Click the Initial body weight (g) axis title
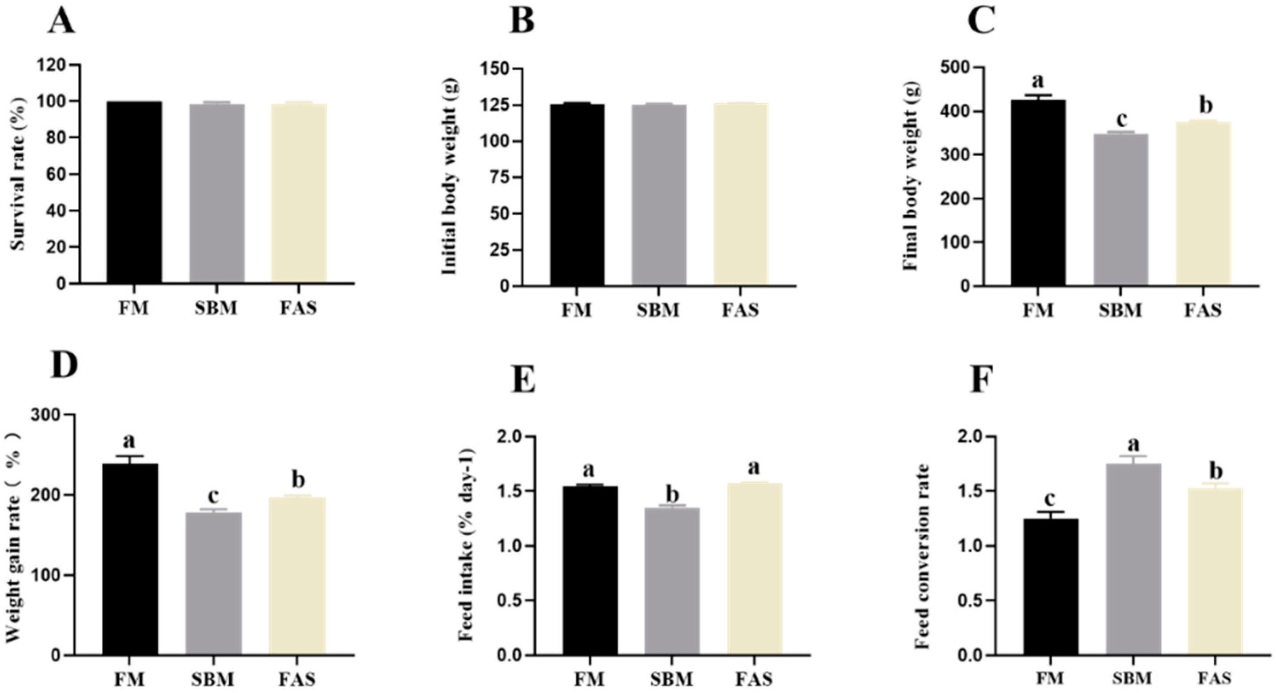(449, 178)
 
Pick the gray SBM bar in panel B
(659, 195)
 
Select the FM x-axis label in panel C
(1038, 310)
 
